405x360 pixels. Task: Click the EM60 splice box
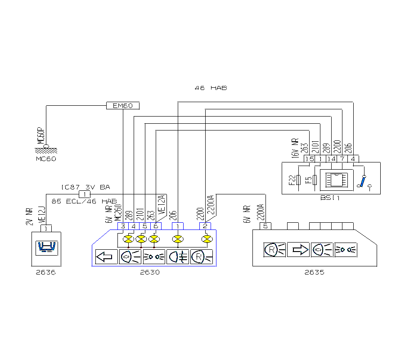coord(123,106)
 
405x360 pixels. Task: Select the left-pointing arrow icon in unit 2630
coord(104,257)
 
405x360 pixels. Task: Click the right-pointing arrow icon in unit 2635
coord(298,249)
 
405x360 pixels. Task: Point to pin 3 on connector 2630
coord(123,226)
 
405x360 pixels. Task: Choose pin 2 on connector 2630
coord(205,226)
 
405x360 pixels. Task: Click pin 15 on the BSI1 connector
coord(309,159)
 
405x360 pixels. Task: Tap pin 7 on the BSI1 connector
coord(342,159)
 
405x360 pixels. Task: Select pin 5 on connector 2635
coord(265,226)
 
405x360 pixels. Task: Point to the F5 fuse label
coord(308,180)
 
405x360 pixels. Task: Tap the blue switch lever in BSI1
coord(363,181)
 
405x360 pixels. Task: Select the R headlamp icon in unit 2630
coord(201,257)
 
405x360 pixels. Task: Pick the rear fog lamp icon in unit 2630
coord(178,257)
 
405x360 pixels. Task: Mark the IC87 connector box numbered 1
coord(84,194)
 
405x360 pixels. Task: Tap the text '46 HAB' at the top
coord(211,88)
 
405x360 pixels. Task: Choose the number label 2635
coord(314,272)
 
